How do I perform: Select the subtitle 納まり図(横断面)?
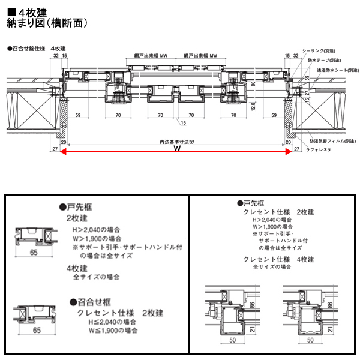48,23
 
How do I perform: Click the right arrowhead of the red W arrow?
292,152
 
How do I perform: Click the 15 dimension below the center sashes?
182,123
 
